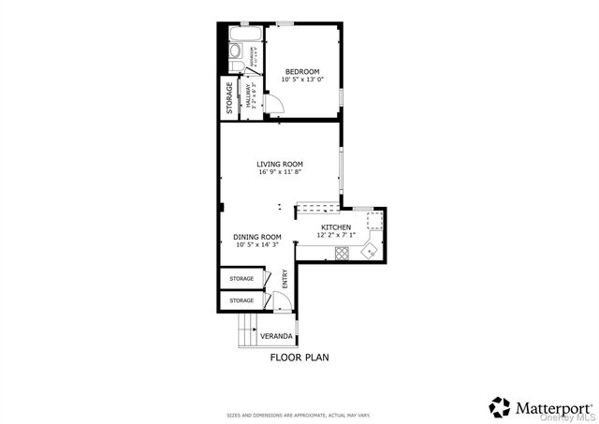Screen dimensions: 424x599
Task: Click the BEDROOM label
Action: coord(302,72)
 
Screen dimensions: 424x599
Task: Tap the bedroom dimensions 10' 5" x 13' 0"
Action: coord(302,80)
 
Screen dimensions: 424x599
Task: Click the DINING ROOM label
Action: coord(257,237)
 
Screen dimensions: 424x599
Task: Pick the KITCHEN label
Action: coord(336,227)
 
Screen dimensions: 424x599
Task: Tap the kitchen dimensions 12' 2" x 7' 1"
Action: coord(337,236)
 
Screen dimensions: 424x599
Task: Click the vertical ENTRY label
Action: coord(285,279)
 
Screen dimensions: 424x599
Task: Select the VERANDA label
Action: coord(276,336)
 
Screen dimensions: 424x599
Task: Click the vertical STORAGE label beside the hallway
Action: coord(229,98)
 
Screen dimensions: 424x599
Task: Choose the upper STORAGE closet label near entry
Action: coord(241,279)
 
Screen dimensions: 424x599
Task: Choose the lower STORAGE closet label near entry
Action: coord(241,300)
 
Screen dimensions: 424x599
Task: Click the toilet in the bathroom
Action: coord(236,51)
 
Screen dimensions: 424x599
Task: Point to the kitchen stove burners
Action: coord(343,252)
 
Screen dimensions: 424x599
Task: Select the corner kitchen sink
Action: coord(371,250)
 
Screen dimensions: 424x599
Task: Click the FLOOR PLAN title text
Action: coord(299,357)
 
